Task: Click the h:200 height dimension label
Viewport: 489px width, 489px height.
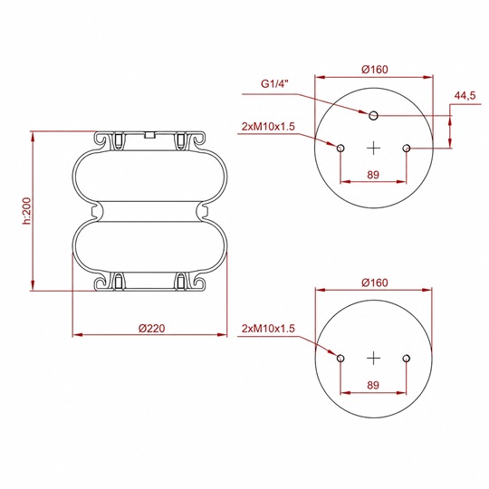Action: point(27,211)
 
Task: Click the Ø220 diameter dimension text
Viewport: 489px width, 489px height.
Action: point(151,328)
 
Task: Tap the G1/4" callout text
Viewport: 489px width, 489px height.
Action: point(275,84)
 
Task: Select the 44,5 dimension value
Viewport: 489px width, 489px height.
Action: point(465,95)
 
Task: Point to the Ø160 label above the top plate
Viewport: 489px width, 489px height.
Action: point(375,69)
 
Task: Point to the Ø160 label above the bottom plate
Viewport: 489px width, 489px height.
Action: point(375,283)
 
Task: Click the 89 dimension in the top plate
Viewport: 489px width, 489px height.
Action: point(373,175)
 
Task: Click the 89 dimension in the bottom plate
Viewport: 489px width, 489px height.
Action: point(373,385)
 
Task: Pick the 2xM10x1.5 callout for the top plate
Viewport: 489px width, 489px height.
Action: point(268,126)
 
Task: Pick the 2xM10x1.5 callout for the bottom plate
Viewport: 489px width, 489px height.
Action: point(268,328)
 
